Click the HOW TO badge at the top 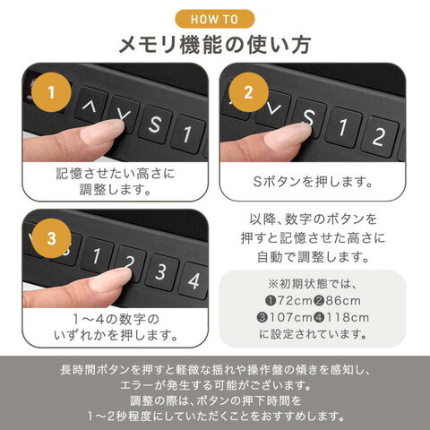click(x=215, y=19)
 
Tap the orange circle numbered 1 click(x=51, y=92)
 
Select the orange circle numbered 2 click(x=249, y=92)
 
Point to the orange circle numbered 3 click(x=51, y=238)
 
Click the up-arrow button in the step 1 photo click(x=90, y=105)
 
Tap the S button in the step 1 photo click(x=155, y=124)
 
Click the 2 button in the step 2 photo click(x=380, y=136)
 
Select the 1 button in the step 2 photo click(x=343, y=127)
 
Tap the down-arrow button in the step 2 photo click(x=273, y=108)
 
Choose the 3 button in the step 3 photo click(x=161, y=271)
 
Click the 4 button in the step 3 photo click(x=194, y=280)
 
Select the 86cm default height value click(x=343, y=301)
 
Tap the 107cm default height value click(x=290, y=317)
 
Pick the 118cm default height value click(x=348, y=317)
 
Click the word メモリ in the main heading click(x=147, y=45)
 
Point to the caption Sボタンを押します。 click(x=313, y=181)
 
